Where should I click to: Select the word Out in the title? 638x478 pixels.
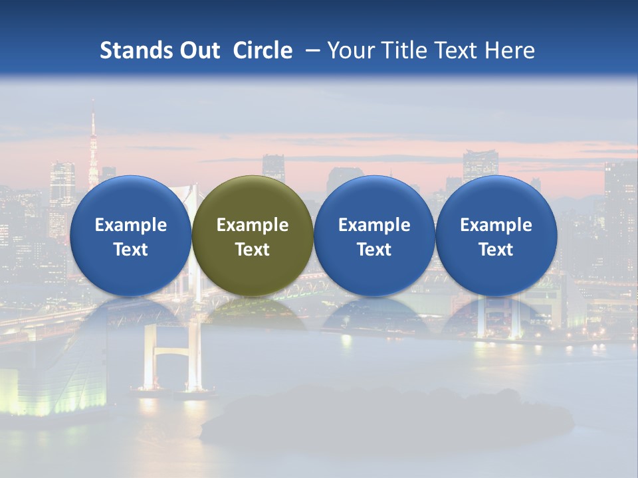point(198,50)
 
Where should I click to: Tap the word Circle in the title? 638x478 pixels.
point(263,50)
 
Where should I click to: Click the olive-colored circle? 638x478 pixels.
point(253,236)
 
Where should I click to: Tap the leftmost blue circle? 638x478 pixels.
point(130,236)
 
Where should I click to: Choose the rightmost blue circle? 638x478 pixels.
point(496,236)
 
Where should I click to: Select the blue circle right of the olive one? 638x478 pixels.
point(374,236)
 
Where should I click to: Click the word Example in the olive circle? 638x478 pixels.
point(253,225)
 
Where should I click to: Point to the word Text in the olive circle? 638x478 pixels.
point(253,250)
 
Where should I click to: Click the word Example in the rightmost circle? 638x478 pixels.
point(496,225)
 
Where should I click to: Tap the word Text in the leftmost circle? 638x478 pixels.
point(130,250)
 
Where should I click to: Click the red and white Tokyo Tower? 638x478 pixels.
point(93,149)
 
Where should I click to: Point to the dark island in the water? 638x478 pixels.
point(385,415)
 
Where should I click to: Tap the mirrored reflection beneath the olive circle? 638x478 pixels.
point(253,312)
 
